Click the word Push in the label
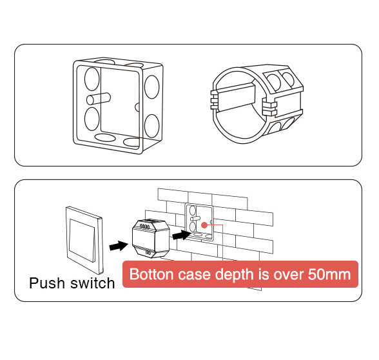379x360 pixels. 47,283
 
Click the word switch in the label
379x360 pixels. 93,283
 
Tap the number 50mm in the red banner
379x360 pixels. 329,274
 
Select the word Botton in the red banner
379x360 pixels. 151,274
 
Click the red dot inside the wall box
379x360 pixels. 204,225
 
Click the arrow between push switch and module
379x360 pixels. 119,246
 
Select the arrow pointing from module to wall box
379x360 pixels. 182,235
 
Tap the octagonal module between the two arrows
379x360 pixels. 151,239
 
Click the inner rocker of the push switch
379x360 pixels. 82,240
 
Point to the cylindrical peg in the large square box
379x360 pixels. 99,99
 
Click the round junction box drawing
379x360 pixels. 257,104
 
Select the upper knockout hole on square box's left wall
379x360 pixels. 92,79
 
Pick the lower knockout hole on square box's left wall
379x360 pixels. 92,119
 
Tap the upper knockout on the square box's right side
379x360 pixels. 152,87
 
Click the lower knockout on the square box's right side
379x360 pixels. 152,126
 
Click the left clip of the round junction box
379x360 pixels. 215,99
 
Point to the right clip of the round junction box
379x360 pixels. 269,108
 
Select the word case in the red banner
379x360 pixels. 194,274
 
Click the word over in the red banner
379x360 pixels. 289,274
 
